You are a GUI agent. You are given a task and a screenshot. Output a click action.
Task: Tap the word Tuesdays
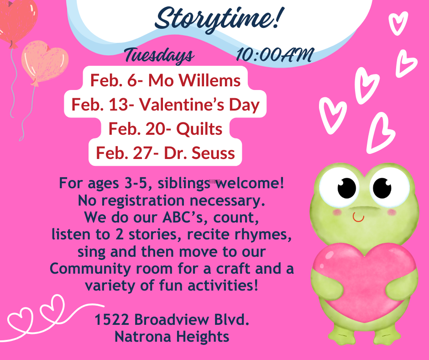[x=160, y=55]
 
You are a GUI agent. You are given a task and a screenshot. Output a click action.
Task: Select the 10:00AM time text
[x=275, y=54]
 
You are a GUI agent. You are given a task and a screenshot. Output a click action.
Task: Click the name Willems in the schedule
[x=209, y=80]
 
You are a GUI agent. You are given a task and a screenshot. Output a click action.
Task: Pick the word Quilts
[x=199, y=129]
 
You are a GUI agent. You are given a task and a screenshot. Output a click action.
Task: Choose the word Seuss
[x=213, y=153]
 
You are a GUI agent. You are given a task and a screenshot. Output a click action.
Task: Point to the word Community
[x=90, y=269]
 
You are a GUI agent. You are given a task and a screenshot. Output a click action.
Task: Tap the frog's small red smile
[x=358, y=217]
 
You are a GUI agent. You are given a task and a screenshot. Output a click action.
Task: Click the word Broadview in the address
[x=172, y=320]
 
